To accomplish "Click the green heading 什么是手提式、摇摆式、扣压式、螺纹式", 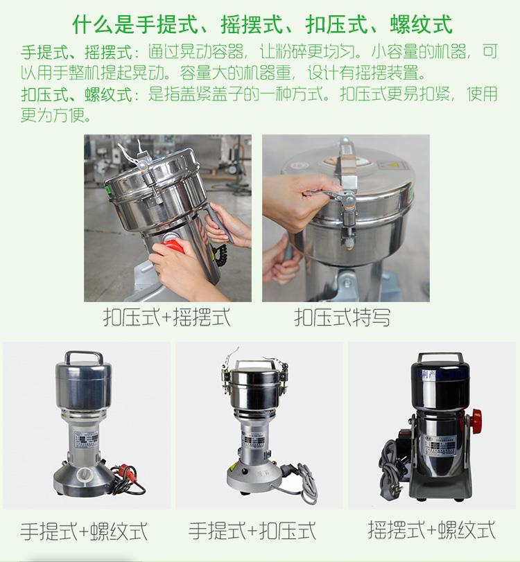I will coord(263,26).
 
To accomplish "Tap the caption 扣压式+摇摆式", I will coord(166,317).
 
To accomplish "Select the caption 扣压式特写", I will coord(342,317).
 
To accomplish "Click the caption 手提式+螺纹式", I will coord(84,532).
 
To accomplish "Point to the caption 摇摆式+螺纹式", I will coord(431,531).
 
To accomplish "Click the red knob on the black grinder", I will coord(476,419).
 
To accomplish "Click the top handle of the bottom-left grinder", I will coord(86,360).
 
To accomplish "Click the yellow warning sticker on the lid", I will coord(397,167).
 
